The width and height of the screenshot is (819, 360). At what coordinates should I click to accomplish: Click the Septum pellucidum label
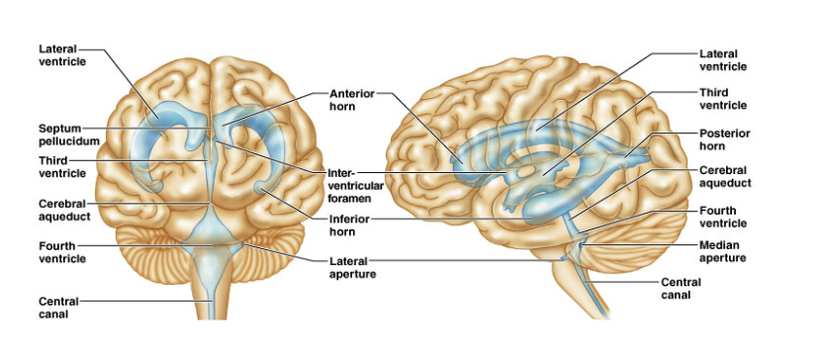click(69, 135)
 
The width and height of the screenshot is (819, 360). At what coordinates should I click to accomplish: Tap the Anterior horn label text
click(352, 100)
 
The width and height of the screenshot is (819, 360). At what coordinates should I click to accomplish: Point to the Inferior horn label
click(349, 225)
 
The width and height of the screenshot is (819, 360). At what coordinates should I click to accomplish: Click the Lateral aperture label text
click(352, 267)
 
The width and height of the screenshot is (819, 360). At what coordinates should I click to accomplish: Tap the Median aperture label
click(722, 251)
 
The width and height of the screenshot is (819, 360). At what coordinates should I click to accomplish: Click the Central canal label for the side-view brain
click(682, 289)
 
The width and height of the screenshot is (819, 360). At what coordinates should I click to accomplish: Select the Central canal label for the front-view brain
click(58, 308)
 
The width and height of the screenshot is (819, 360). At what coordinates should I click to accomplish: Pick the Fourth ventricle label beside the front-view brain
click(62, 252)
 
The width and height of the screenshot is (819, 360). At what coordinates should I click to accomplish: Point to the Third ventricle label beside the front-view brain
click(62, 167)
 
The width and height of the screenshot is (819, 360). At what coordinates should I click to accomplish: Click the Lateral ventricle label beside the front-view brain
click(62, 54)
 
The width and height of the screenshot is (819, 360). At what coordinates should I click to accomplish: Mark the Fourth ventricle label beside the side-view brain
click(723, 217)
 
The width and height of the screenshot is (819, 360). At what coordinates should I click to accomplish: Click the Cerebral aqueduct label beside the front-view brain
click(64, 209)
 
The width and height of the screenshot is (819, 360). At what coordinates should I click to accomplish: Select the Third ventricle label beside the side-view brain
click(723, 99)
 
